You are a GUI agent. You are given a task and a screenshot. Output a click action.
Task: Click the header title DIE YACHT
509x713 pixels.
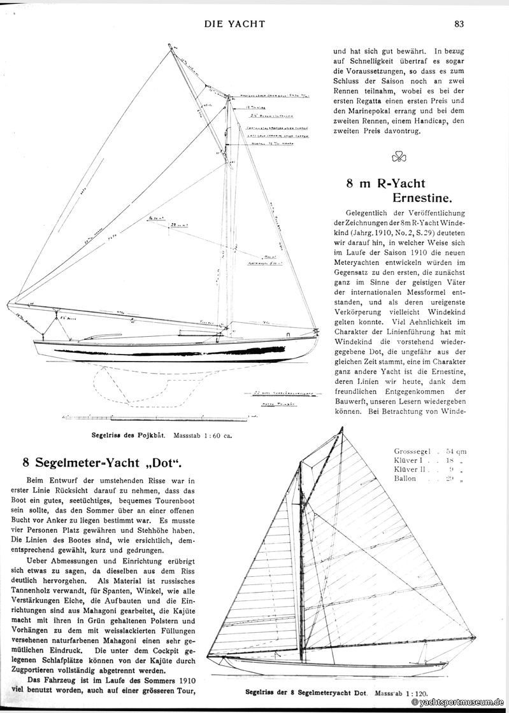point(234,25)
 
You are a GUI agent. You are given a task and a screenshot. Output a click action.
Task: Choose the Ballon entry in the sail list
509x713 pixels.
point(405,479)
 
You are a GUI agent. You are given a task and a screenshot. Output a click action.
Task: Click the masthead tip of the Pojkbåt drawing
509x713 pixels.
point(170,45)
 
